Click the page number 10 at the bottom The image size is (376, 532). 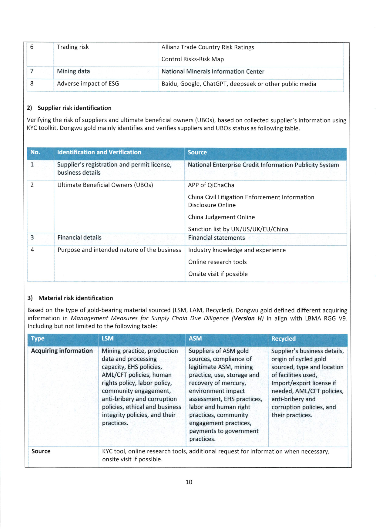click(189, 482)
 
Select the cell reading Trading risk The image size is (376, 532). click(73, 47)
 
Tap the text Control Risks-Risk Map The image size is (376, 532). click(193, 59)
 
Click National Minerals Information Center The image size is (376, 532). click(213, 72)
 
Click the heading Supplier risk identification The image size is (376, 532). click(74, 108)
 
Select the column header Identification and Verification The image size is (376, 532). click(99, 152)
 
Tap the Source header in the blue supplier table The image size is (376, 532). click(197, 153)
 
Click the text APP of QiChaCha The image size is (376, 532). click(211, 185)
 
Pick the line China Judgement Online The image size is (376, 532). click(221, 217)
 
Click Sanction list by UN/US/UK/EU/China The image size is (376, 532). click(238, 229)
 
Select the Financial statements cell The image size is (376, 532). click(217, 238)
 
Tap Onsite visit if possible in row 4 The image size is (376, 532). click(218, 274)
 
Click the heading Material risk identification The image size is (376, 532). click(76, 298)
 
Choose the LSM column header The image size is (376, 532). click(108, 338)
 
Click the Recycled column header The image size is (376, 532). click(283, 339)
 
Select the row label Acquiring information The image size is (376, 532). click(62, 351)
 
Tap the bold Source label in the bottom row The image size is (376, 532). click(41, 451)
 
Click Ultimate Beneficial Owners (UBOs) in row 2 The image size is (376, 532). click(105, 185)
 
